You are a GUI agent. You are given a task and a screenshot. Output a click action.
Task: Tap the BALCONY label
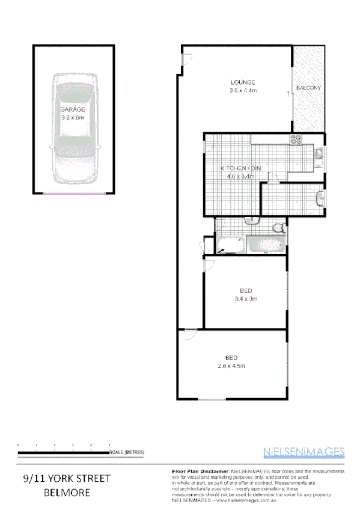coord(309,88)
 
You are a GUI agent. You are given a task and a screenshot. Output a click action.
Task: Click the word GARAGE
coord(72,110)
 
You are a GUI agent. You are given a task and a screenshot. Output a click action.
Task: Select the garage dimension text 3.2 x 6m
coord(72,118)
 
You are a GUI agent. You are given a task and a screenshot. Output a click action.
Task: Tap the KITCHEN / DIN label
coord(240,168)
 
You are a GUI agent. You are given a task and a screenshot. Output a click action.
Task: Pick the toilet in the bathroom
coord(278,228)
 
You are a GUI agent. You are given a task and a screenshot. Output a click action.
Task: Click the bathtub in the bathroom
coord(266,244)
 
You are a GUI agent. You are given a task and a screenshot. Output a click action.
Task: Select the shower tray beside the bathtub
coord(230,244)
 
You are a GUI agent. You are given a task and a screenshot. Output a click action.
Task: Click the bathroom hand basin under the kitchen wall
coord(252,221)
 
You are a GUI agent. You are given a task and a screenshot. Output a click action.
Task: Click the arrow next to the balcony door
coord(288,93)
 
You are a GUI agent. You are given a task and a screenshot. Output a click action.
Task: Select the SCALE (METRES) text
coord(127,452)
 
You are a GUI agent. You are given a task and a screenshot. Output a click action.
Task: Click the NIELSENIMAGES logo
coord(304,452)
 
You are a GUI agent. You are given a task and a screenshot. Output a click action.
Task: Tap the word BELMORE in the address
coord(67,492)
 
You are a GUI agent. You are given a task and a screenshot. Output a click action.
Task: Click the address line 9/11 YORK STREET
coord(67,479)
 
